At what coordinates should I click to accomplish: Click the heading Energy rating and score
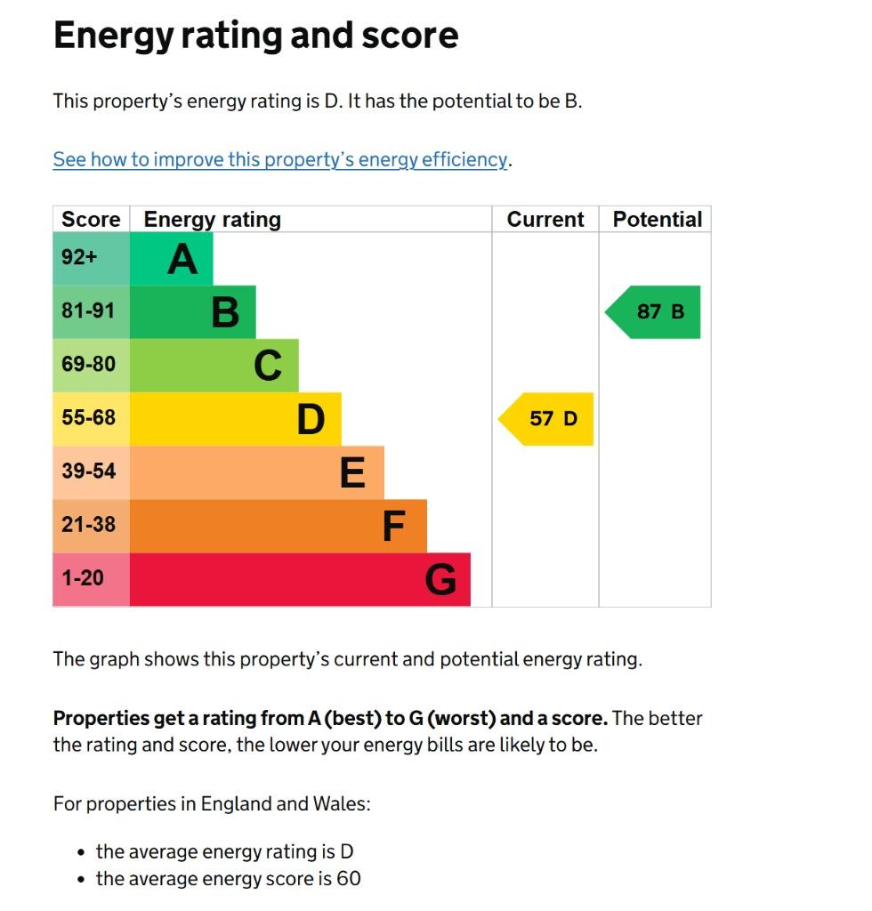(x=255, y=36)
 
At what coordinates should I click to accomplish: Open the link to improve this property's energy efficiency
(x=280, y=160)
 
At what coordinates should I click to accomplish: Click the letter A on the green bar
(x=182, y=259)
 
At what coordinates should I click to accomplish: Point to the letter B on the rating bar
(x=225, y=312)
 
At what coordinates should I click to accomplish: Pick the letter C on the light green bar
(x=268, y=366)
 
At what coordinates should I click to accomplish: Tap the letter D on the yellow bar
(x=311, y=419)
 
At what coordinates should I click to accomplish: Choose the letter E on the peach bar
(x=352, y=472)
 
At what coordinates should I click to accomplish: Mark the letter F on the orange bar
(x=394, y=526)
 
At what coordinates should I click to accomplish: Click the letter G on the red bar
(x=440, y=580)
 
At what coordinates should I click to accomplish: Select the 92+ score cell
(x=79, y=258)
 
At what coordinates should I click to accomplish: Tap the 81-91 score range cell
(x=88, y=311)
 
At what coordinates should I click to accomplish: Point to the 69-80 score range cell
(x=88, y=365)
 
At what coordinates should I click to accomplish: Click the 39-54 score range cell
(x=88, y=472)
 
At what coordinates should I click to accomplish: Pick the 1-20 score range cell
(x=83, y=578)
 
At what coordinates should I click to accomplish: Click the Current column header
(x=545, y=220)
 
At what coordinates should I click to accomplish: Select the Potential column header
(x=658, y=220)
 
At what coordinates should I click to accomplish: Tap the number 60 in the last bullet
(x=349, y=879)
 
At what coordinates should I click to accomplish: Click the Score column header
(x=91, y=220)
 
